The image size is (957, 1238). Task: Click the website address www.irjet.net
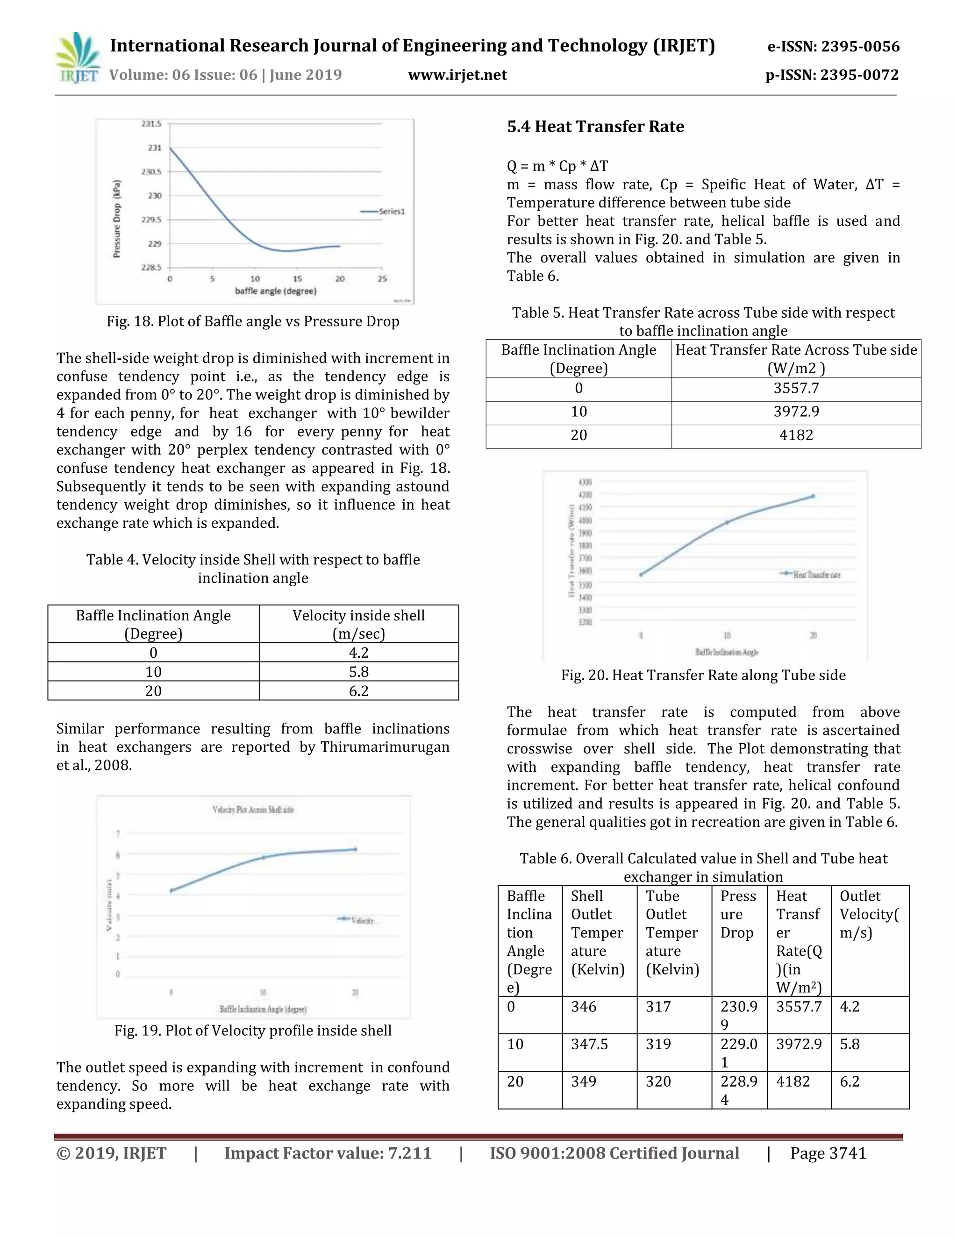coord(457,75)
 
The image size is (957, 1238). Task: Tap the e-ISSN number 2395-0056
coord(861,46)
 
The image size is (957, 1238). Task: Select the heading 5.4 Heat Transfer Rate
coord(595,127)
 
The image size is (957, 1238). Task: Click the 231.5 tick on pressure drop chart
coord(151,124)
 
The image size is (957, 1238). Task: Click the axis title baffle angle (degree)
coord(276,291)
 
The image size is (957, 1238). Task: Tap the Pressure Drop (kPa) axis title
coord(117,219)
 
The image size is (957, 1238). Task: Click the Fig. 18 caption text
coord(253,321)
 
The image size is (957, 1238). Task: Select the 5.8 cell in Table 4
coord(358,672)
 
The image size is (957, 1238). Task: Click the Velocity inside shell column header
coord(358,624)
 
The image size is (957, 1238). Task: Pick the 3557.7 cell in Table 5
coord(796,388)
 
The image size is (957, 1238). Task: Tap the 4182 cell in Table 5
coord(796,435)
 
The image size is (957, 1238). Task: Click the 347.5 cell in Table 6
coord(590,1044)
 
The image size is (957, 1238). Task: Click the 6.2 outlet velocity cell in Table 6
coord(849,1081)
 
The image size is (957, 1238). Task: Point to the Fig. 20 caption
coord(703,675)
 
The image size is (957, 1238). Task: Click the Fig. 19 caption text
coord(253,1031)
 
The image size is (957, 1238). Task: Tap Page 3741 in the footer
coord(828,1153)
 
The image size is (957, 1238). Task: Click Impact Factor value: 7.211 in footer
coord(328,1153)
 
